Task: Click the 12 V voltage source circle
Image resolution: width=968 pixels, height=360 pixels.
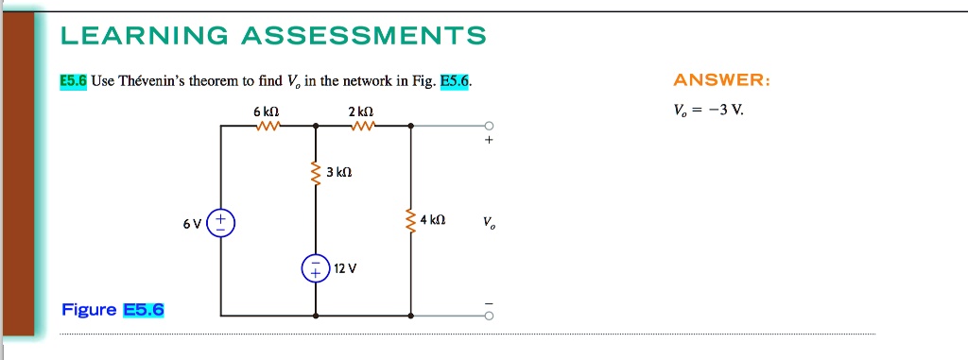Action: click(x=316, y=268)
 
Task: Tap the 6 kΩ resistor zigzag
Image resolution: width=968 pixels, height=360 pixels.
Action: click(x=268, y=126)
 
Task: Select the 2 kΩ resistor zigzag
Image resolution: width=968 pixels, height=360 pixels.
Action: click(x=362, y=126)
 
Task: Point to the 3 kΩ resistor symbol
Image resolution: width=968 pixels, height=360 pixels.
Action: click(x=316, y=174)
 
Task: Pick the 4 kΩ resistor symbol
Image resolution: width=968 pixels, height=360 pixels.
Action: click(x=410, y=220)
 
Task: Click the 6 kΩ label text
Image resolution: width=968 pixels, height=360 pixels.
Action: click(x=267, y=111)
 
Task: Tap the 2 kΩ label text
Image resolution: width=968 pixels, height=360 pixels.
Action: click(x=360, y=111)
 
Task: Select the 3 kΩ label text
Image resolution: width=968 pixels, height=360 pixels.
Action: click(x=339, y=174)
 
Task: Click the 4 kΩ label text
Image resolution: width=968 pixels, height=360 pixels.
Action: click(x=432, y=220)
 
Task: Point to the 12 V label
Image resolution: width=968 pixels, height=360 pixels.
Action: click(x=345, y=268)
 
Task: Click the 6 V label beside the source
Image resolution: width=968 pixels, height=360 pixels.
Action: click(x=192, y=224)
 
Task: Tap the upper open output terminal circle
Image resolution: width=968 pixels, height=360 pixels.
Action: click(x=489, y=126)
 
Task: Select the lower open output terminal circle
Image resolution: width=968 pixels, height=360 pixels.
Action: click(x=489, y=316)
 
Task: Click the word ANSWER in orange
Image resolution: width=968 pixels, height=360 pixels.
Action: click(x=721, y=81)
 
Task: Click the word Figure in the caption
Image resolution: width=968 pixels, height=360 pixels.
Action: click(x=89, y=309)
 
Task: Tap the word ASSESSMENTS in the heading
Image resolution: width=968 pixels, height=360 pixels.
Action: click(x=364, y=36)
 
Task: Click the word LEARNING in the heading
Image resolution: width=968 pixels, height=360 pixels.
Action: click(x=145, y=36)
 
